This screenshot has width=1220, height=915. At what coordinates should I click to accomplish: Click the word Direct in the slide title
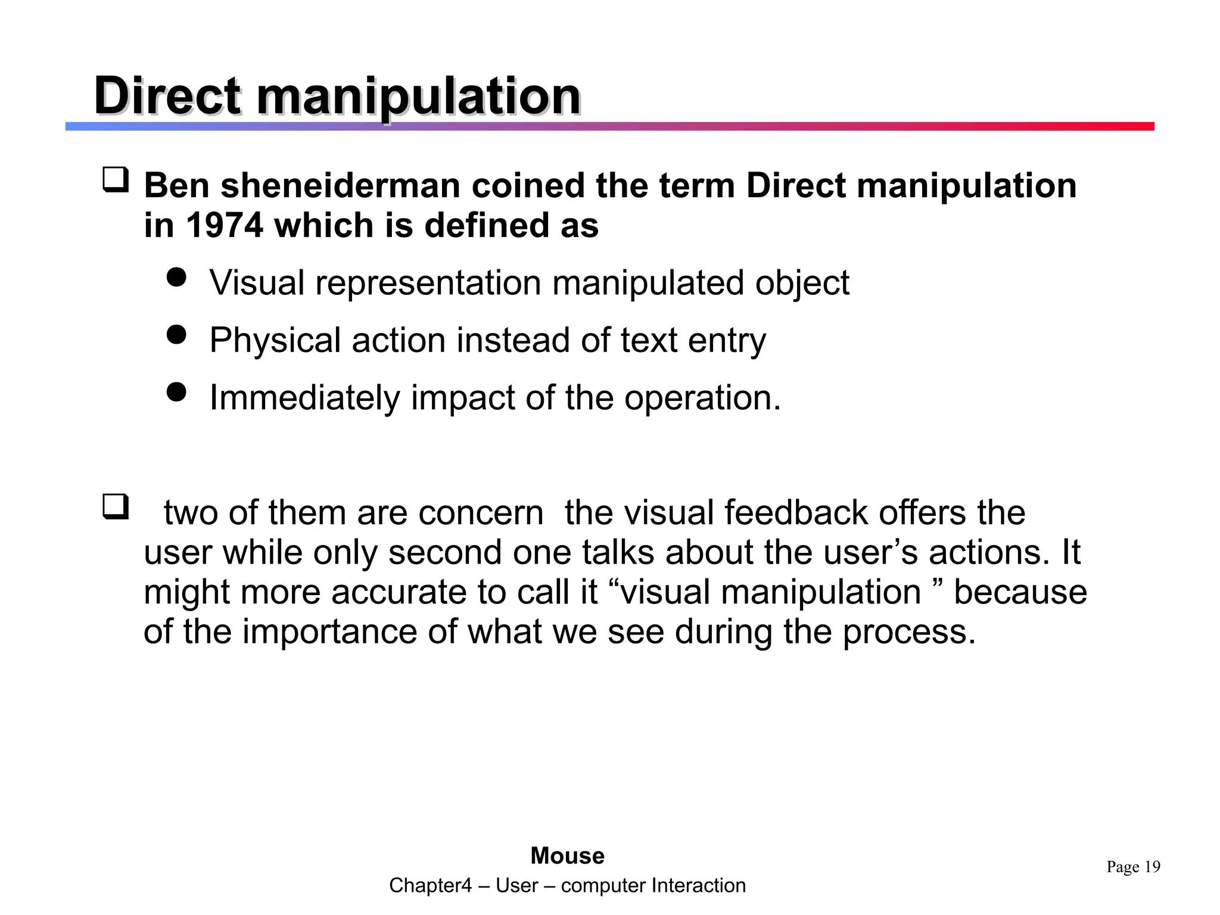pos(167,97)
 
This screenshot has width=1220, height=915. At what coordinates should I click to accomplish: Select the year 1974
pos(224,225)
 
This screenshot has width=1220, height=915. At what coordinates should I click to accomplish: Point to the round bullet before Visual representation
pos(176,276)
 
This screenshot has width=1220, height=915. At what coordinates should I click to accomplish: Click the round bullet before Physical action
pos(176,334)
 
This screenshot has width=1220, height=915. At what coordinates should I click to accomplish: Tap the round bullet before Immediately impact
pos(176,392)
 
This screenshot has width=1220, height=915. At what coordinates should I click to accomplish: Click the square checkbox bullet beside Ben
pos(116,179)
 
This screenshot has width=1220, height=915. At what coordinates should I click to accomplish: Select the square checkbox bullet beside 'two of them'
pos(116,506)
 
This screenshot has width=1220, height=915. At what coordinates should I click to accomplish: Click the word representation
pos(428,282)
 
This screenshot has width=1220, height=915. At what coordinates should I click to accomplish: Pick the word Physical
pos(275,340)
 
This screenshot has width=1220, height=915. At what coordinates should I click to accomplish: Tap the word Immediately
pos(304,398)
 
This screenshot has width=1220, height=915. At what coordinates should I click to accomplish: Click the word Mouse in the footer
pos(567,856)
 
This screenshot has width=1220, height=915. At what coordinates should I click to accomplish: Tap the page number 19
pos(1152,867)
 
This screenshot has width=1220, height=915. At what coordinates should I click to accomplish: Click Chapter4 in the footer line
pos(430,886)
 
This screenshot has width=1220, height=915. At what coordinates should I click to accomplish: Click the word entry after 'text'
pos(727,340)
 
